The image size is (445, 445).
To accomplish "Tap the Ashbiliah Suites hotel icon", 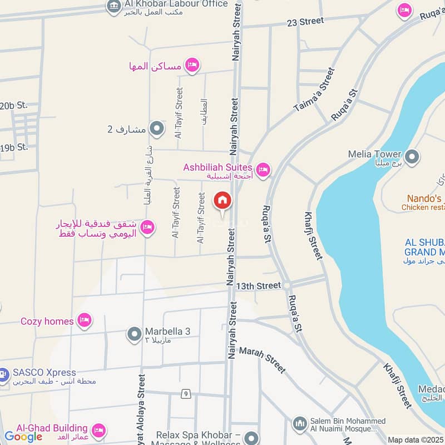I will (263, 170).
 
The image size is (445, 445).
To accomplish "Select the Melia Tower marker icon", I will (412, 157).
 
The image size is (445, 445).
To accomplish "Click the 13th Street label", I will (258, 285).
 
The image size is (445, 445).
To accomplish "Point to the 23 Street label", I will (305, 22).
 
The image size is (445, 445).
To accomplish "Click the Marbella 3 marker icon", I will (134, 334).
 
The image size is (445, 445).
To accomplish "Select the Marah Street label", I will (262, 360).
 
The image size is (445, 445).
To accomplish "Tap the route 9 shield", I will (185, 394).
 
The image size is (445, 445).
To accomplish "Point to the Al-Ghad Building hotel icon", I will (98, 430).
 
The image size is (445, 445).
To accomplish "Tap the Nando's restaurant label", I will (424, 199).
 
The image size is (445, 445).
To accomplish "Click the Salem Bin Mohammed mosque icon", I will (300, 424).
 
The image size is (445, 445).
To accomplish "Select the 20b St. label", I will (14, 105).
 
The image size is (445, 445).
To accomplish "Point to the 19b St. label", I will (14, 147).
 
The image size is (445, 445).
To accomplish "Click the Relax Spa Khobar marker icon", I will (252, 438).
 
